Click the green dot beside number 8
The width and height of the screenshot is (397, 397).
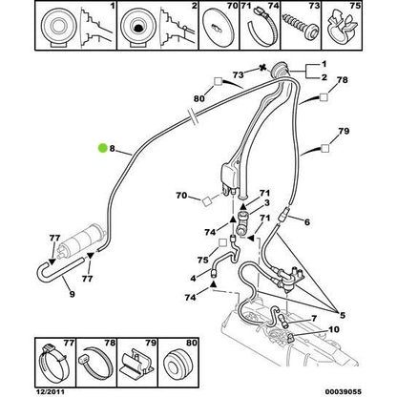tap(103, 147)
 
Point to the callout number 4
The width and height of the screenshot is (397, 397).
tap(196, 279)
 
